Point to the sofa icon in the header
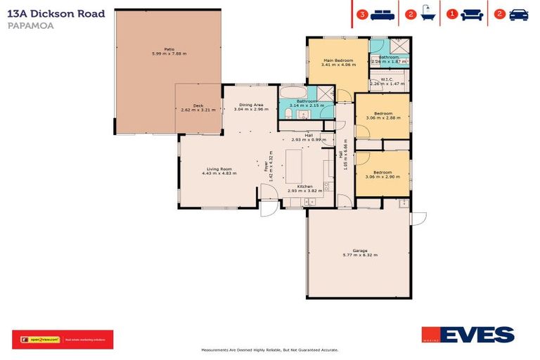(x=472, y=14)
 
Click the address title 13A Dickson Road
(x=56, y=13)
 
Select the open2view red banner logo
(x=62, y=340)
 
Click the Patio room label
(x=169, y=49)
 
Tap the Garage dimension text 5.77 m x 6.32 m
(x=360, y=255)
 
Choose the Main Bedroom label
(x=337, y=60)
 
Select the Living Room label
(x=219, y=168)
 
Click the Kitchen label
(x=304, y=186)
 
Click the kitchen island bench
(x=293, y=163)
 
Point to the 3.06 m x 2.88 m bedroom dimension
(x=382, y=118)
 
